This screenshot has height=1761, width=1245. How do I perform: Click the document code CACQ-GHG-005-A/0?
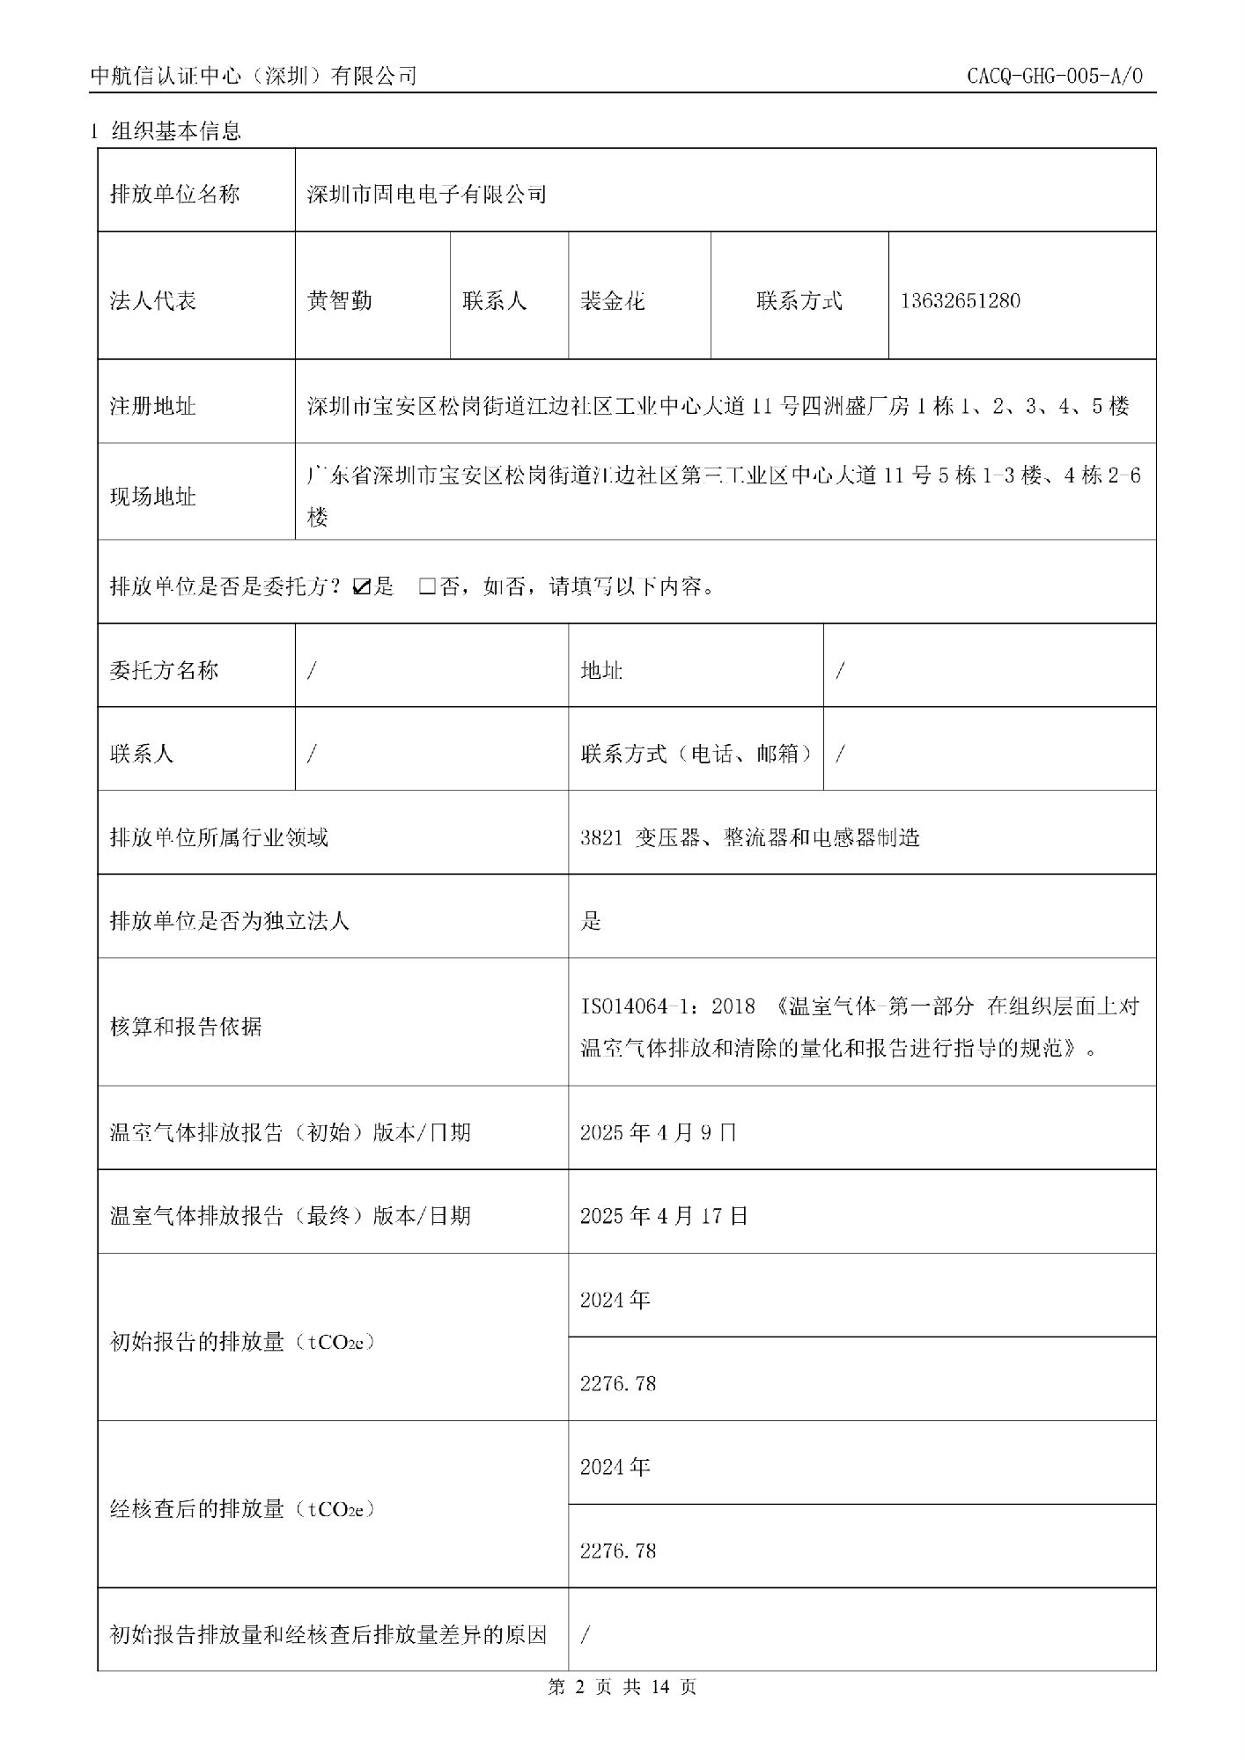pyautogui.click(x=1054, y=76)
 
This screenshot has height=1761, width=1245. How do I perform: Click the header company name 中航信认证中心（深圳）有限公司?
pyautogui.click(x=254, y=77)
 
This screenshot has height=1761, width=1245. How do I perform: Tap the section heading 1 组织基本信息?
pyautogui.click(x=166, y=132)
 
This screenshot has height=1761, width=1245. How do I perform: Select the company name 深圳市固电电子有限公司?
pyautogui.click(x=426, y=194)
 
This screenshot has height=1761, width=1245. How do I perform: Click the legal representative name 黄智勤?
pyautogui.click(x=339, y=301)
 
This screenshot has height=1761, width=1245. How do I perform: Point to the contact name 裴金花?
pyautogui.click(x=612, y=301)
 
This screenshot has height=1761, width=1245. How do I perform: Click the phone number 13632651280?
pyautogui.click(x=960, y=301)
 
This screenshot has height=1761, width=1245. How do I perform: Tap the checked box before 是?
pyautogui.click(x=360, y=586)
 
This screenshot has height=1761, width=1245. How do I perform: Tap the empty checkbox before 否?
pyautogui.click(x=427, y=586)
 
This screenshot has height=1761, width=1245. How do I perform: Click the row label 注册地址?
pyautogui.click(x=152, y=407)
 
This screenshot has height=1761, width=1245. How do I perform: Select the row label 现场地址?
pyautogui.click(x=152, y=497)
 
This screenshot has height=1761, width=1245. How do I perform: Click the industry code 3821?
pyautogui.click(x=600, y=837)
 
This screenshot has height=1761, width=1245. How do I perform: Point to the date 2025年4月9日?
pyautogui.click(x=658, y=1132)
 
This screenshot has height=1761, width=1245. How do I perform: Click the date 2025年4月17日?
pyautogui.click(x=664, y=1216)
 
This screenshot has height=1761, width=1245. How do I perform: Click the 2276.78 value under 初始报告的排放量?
pyautogui.click(x=618, y=1383)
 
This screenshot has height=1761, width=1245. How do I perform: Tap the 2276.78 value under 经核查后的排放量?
pyautogui.click(x=618, y=1551)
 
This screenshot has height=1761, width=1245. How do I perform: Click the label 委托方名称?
pyautogui.click(x=164, y=671)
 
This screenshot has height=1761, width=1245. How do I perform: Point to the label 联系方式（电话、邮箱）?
pyautogui.click(x=696, y=754)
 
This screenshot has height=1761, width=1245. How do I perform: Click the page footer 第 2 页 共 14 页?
pyautogui.click(x=622, y=1687)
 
